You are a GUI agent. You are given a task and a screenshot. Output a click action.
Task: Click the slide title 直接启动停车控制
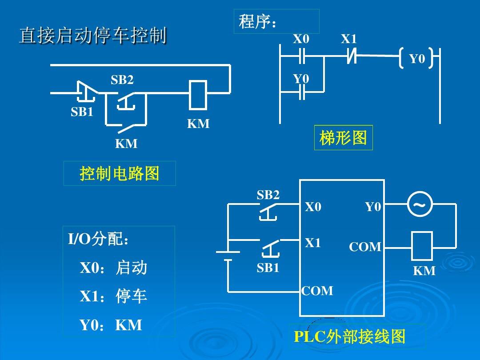coord(93,35)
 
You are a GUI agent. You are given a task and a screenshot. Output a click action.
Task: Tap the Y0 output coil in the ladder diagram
coord(416,58)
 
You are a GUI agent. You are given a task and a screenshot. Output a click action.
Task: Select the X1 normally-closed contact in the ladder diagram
coord(352,56)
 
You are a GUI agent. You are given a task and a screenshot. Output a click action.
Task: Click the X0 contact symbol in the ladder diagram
coord(302,56)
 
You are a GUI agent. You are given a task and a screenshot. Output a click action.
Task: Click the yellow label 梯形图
coord(343,137)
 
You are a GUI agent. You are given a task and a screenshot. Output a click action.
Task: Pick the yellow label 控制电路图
coord(120,173)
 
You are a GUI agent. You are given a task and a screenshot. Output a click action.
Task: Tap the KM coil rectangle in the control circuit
coord(198,95)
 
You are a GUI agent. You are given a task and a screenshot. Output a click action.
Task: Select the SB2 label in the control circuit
coord(122,80)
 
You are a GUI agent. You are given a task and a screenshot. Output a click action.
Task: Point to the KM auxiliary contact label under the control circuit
coord(126,143)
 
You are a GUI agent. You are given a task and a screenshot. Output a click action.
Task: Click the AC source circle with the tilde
coord(420,204)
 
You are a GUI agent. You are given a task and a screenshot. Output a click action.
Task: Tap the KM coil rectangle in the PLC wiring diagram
coord(422,246)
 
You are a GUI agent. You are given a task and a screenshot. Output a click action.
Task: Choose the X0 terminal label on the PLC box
coord(313,207)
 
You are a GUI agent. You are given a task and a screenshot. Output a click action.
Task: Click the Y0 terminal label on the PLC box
coord(373,207)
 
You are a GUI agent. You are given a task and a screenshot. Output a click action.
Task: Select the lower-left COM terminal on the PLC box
coord(317,291)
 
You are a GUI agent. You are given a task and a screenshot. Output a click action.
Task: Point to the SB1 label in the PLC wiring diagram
coord(268,268)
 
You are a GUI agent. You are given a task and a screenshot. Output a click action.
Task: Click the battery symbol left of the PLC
coord(228,256)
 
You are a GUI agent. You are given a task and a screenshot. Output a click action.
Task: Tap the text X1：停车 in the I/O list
coord(113,296)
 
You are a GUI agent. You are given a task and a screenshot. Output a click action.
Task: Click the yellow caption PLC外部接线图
coord(350,336)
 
